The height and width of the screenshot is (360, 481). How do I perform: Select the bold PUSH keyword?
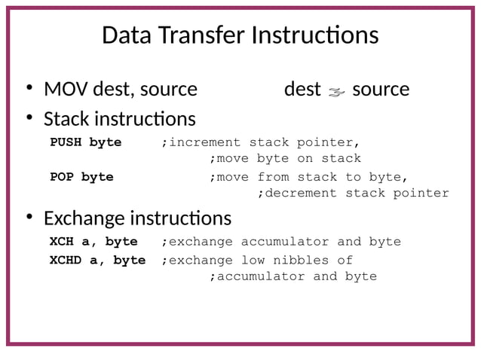[66, 142]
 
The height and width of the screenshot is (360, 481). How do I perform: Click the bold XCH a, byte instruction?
[93, 242]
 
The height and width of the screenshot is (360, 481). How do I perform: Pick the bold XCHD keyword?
[66, 260]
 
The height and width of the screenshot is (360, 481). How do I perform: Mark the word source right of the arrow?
[381, 90]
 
